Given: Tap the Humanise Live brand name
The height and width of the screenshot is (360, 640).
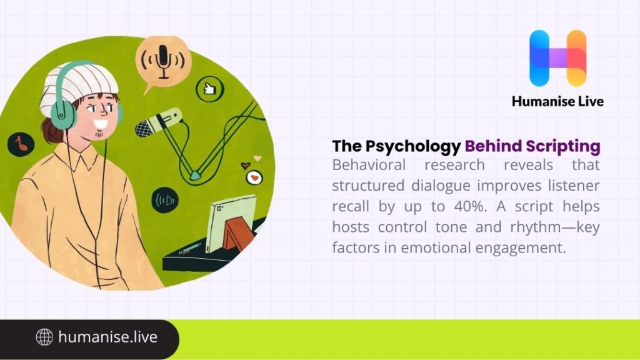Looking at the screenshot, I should [x=557, y=101].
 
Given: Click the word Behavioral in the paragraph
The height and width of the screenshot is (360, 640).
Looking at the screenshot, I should [x=368, y=166].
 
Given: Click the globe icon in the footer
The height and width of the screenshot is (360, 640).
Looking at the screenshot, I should [x=44, y=337].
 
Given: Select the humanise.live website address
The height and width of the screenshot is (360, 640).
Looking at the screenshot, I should [x=107, y=337].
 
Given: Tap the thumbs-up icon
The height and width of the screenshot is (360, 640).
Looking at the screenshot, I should [x=209, y=89].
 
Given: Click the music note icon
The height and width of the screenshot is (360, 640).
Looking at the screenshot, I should [x=21, y=144].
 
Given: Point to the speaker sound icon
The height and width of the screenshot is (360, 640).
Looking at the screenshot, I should [x=165, y=200].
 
